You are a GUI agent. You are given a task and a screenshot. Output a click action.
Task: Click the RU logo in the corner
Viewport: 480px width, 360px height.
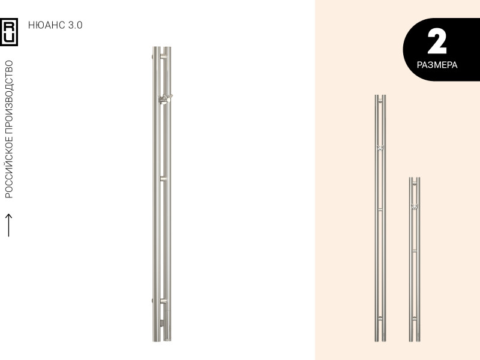9,32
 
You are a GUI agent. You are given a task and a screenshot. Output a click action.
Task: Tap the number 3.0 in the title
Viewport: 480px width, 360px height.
76,25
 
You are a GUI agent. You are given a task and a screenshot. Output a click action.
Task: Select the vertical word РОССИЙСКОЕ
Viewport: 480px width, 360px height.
9,167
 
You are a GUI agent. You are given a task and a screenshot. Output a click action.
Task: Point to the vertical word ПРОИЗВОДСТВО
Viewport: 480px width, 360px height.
9,97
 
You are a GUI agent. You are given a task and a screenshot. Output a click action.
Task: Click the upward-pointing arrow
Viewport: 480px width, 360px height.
9,225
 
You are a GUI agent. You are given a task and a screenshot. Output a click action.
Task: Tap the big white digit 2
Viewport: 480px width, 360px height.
437,41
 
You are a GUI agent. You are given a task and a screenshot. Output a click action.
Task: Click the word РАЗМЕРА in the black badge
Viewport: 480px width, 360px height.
437,65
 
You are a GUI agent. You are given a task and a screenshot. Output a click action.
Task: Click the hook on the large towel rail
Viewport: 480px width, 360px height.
166,99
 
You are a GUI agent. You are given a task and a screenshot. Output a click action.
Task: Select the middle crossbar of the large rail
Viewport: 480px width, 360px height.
164,178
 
